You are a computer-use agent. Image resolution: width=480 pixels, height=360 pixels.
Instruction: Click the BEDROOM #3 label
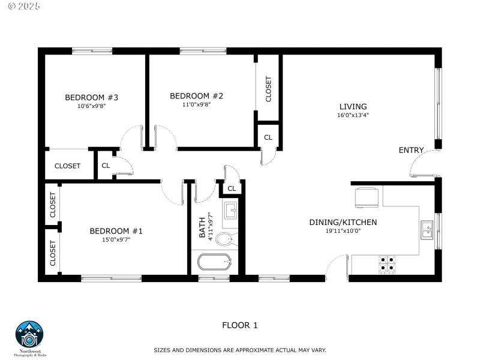tap(92, 97)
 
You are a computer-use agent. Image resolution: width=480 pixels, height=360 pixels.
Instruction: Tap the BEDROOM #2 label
tap(197, 96)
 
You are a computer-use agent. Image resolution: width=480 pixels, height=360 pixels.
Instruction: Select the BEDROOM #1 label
tap(116, 231)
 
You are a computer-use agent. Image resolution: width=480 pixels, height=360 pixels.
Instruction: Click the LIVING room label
tap(353, 107)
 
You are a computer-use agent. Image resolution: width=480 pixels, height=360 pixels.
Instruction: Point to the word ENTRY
tap(411, 150)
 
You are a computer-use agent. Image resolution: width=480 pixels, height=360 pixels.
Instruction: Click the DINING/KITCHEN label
tap(343, 223)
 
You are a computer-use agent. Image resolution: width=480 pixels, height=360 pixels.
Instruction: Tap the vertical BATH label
tap(203, 227)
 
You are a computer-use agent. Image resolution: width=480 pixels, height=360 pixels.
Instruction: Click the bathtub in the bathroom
tap(214, 263)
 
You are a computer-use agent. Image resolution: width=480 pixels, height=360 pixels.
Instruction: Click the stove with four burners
tap(387, 264)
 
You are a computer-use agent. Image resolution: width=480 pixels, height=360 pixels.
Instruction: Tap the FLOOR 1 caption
tap(239, 325)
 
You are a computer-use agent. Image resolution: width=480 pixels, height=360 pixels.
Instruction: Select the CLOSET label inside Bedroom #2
tap(268, 89)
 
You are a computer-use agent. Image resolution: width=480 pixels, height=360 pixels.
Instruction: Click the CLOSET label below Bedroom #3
tap(67, 166)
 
